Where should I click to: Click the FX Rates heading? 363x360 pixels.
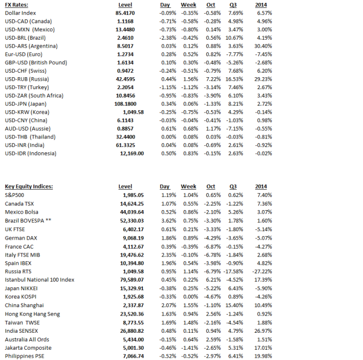[x=16, y=5]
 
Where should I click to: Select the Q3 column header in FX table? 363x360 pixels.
[x=233, y=5]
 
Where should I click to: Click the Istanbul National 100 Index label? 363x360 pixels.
[x=40, y=279]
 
